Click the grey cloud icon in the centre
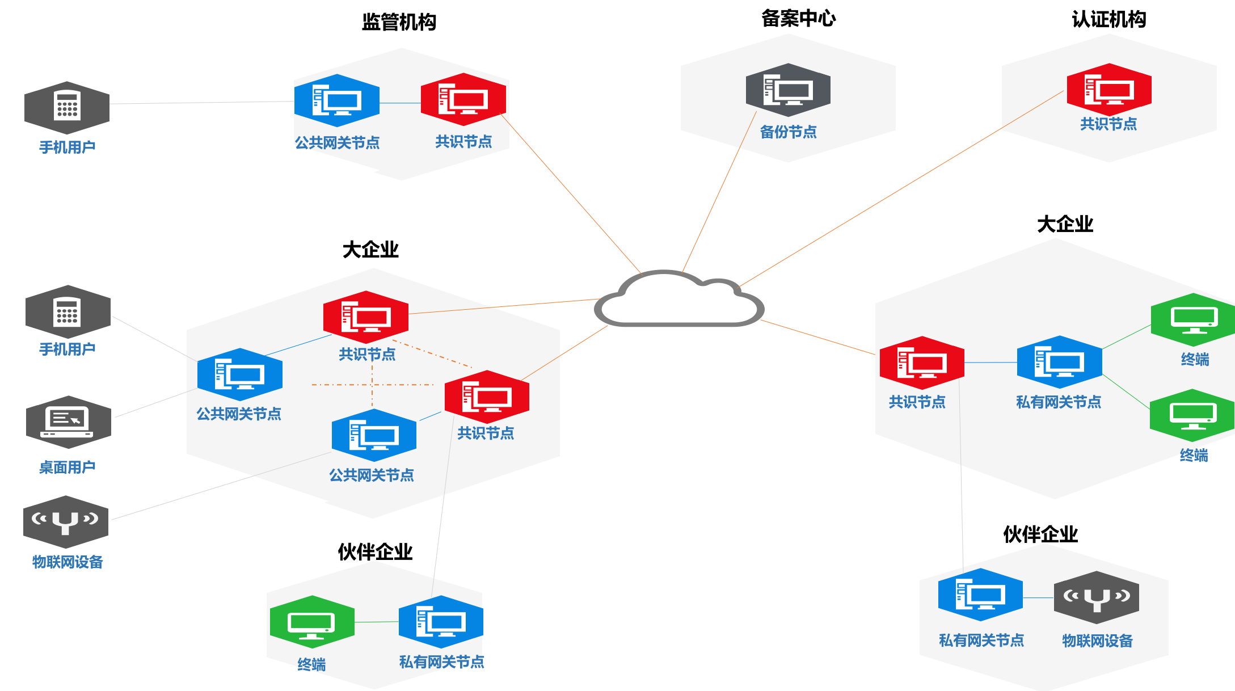point(679,301)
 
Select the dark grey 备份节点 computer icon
point(788,90)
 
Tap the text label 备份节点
point(788,132)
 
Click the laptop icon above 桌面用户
point(68,422)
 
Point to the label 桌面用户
point(67,467)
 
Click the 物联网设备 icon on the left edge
point(66,521)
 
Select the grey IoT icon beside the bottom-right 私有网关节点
point(1096,597)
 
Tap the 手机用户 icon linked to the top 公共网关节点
point(67,107)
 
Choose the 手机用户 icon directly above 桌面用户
point(68,311)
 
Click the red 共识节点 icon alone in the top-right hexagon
point(1109,90)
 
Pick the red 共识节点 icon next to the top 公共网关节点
point(463,99)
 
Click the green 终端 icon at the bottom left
point(312,622)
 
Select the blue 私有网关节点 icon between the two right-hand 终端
point(1059,362)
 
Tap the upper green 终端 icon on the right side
point(1194,319)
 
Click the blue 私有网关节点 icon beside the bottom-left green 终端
point(441,622)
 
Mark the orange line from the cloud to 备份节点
point(719,193)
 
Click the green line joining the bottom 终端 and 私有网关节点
point(377,622)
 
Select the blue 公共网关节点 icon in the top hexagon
point(336,100)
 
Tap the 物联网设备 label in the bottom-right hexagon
point(1097,641)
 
